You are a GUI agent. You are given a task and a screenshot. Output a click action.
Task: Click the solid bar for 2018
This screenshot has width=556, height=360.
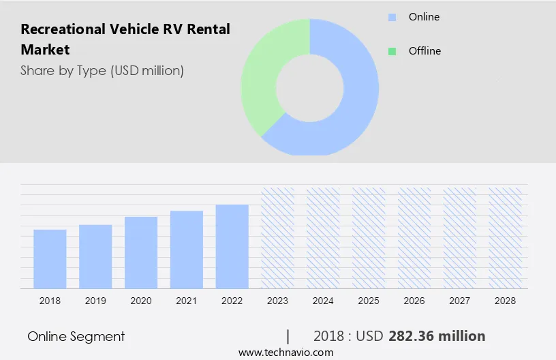[x=50, y=258]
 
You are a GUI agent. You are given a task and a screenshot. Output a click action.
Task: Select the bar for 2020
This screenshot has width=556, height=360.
[x=141, y=252]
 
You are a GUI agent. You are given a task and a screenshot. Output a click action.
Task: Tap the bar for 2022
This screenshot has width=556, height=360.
[x=232, y=245]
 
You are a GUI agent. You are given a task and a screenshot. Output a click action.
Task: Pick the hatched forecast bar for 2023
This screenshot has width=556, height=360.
[x=278, y=237]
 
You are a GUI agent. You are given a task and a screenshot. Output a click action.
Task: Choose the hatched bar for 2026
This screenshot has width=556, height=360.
[x=414, y=237]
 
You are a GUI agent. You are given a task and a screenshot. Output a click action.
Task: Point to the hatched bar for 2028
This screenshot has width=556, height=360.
[x=506, y=237]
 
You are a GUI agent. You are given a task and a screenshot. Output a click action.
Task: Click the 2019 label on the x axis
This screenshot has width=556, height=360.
[x=95, y=301]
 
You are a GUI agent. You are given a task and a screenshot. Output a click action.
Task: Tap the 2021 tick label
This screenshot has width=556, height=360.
[x=187, y=301]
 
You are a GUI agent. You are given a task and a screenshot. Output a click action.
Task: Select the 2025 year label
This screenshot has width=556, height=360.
[x=369, y=301]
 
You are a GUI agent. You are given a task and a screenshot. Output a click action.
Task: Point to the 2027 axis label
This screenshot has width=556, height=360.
[x=460, y=301]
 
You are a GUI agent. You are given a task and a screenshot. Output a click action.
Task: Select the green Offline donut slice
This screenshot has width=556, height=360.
[x=262, y=75]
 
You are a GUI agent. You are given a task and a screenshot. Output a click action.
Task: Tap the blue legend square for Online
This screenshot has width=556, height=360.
[x=392, y=17]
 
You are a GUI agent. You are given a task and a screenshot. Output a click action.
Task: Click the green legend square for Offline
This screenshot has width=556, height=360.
[x=392, y=51]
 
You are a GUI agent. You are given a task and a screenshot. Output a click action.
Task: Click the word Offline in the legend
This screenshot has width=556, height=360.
[x=424, y=51]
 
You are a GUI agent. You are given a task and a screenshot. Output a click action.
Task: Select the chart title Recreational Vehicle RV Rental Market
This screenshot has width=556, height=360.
[x=125, y=40]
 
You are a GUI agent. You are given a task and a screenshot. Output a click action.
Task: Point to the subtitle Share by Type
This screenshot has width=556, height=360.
[x=102, y=70]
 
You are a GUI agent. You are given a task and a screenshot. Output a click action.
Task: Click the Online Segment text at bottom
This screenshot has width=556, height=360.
[x=76, y=336]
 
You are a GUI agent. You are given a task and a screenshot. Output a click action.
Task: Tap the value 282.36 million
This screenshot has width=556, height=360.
[x=437, y=336]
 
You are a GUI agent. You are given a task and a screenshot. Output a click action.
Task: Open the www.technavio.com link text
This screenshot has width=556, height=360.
[x=286, y=352]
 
